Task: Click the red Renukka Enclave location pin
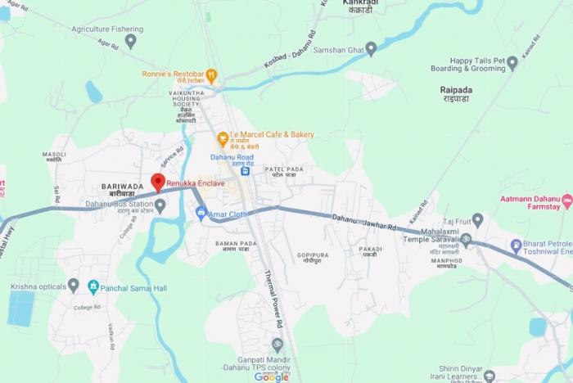tap(158, 182)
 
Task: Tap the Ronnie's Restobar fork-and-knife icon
tap(210, 76)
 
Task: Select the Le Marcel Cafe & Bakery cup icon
tap(223, 139)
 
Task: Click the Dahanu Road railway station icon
tap(244, 172)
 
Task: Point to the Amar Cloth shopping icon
tap(201, 213)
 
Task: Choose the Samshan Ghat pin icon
tap(371, 48)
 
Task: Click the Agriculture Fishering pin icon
tap(130, 41)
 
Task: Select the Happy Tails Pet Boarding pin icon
tap(512, 63)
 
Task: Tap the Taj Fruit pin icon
tap(477, 220)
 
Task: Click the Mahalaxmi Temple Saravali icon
tap(466, 241)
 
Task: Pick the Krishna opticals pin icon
tap(73, 286)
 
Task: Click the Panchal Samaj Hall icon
tap(93, 286)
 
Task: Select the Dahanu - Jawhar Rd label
tap(364, 222)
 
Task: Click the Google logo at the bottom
tap(271, 376)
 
